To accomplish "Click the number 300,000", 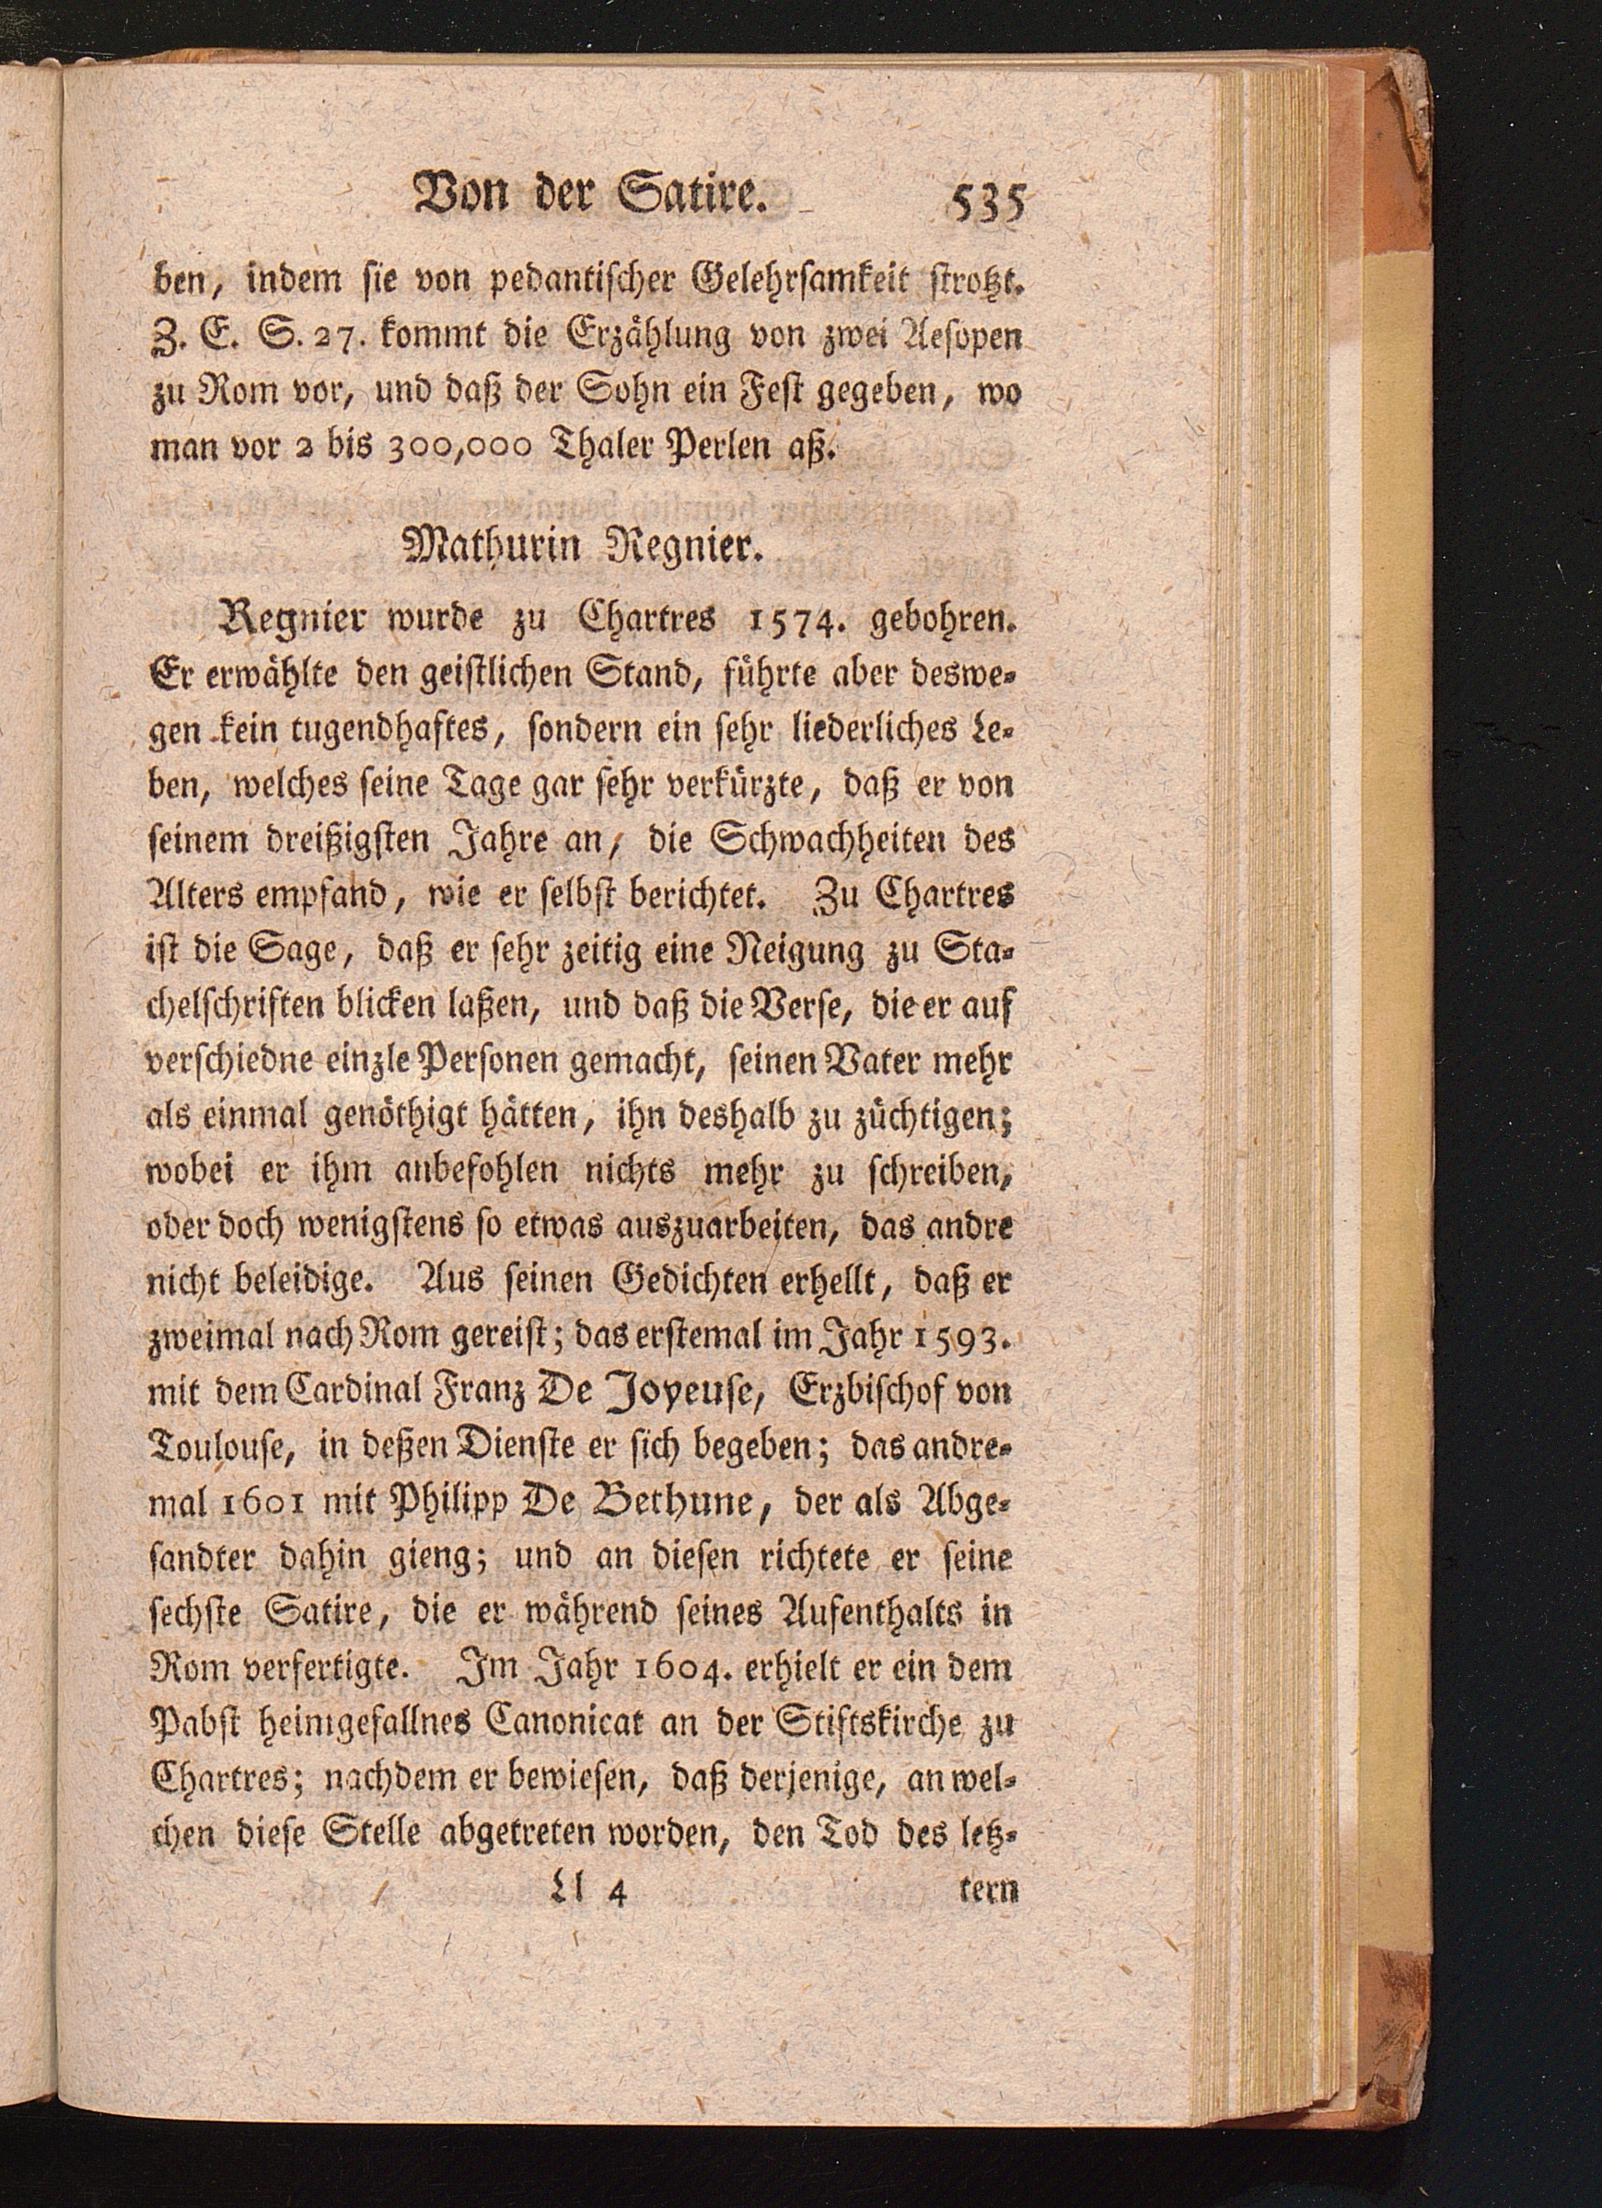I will click(457, 447).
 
